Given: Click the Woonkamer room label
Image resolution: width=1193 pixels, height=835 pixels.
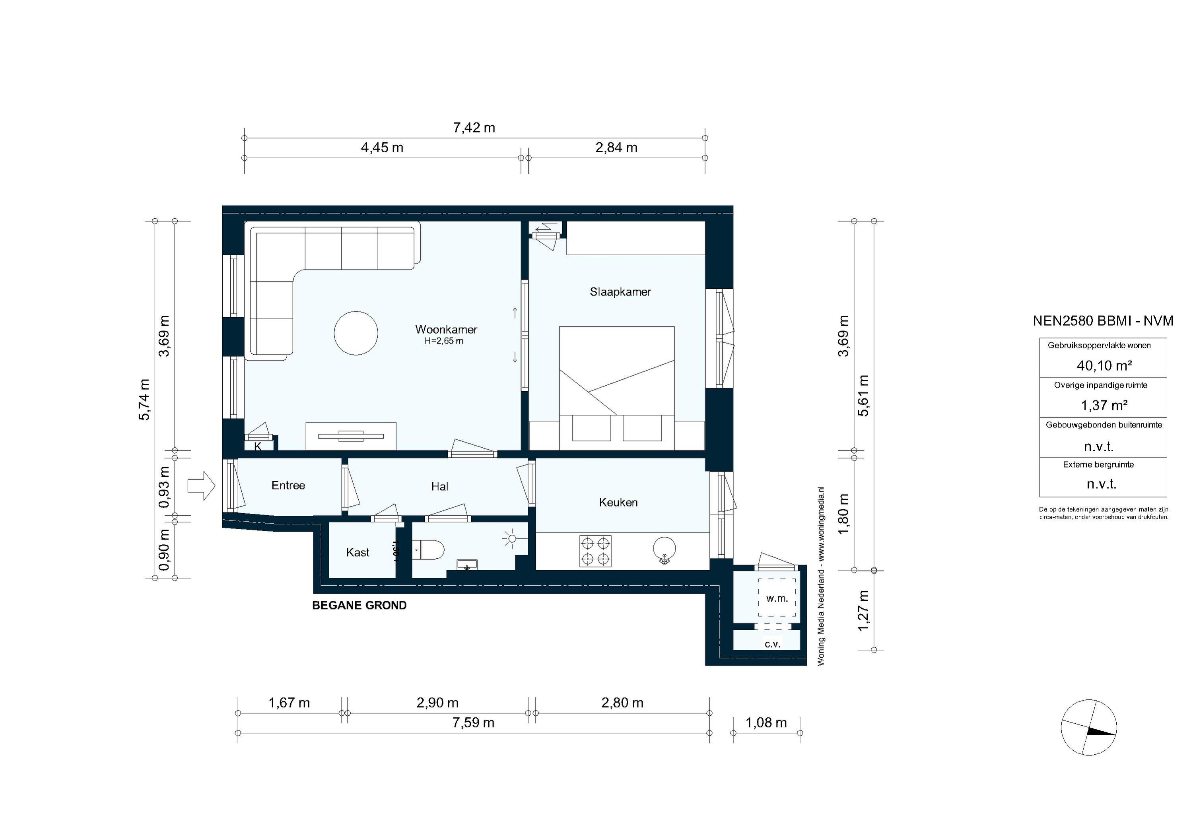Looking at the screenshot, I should tap(446, 330).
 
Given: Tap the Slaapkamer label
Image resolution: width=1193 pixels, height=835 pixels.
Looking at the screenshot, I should tap(620, 292).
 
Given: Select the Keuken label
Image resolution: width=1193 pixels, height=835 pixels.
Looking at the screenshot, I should tap(618, 503).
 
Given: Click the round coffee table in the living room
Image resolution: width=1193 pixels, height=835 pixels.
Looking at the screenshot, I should tap(356, 333).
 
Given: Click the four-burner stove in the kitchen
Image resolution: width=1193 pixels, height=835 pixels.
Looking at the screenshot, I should tap(595, 551).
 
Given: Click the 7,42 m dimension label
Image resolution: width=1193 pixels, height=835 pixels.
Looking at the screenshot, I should tap(474, 128).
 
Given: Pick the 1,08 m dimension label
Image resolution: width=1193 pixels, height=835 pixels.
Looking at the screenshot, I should tap(766, 723).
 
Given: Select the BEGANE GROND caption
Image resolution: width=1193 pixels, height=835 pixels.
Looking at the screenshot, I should tap(359, 605).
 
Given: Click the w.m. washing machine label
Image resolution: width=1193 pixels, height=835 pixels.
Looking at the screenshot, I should tap(777, 598).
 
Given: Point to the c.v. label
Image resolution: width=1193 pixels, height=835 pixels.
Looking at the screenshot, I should tap(772, 644).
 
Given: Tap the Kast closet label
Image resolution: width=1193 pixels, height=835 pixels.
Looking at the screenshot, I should tap(358, 552).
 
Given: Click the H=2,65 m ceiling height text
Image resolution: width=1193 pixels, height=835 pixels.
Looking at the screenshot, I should tap(443, 342).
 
